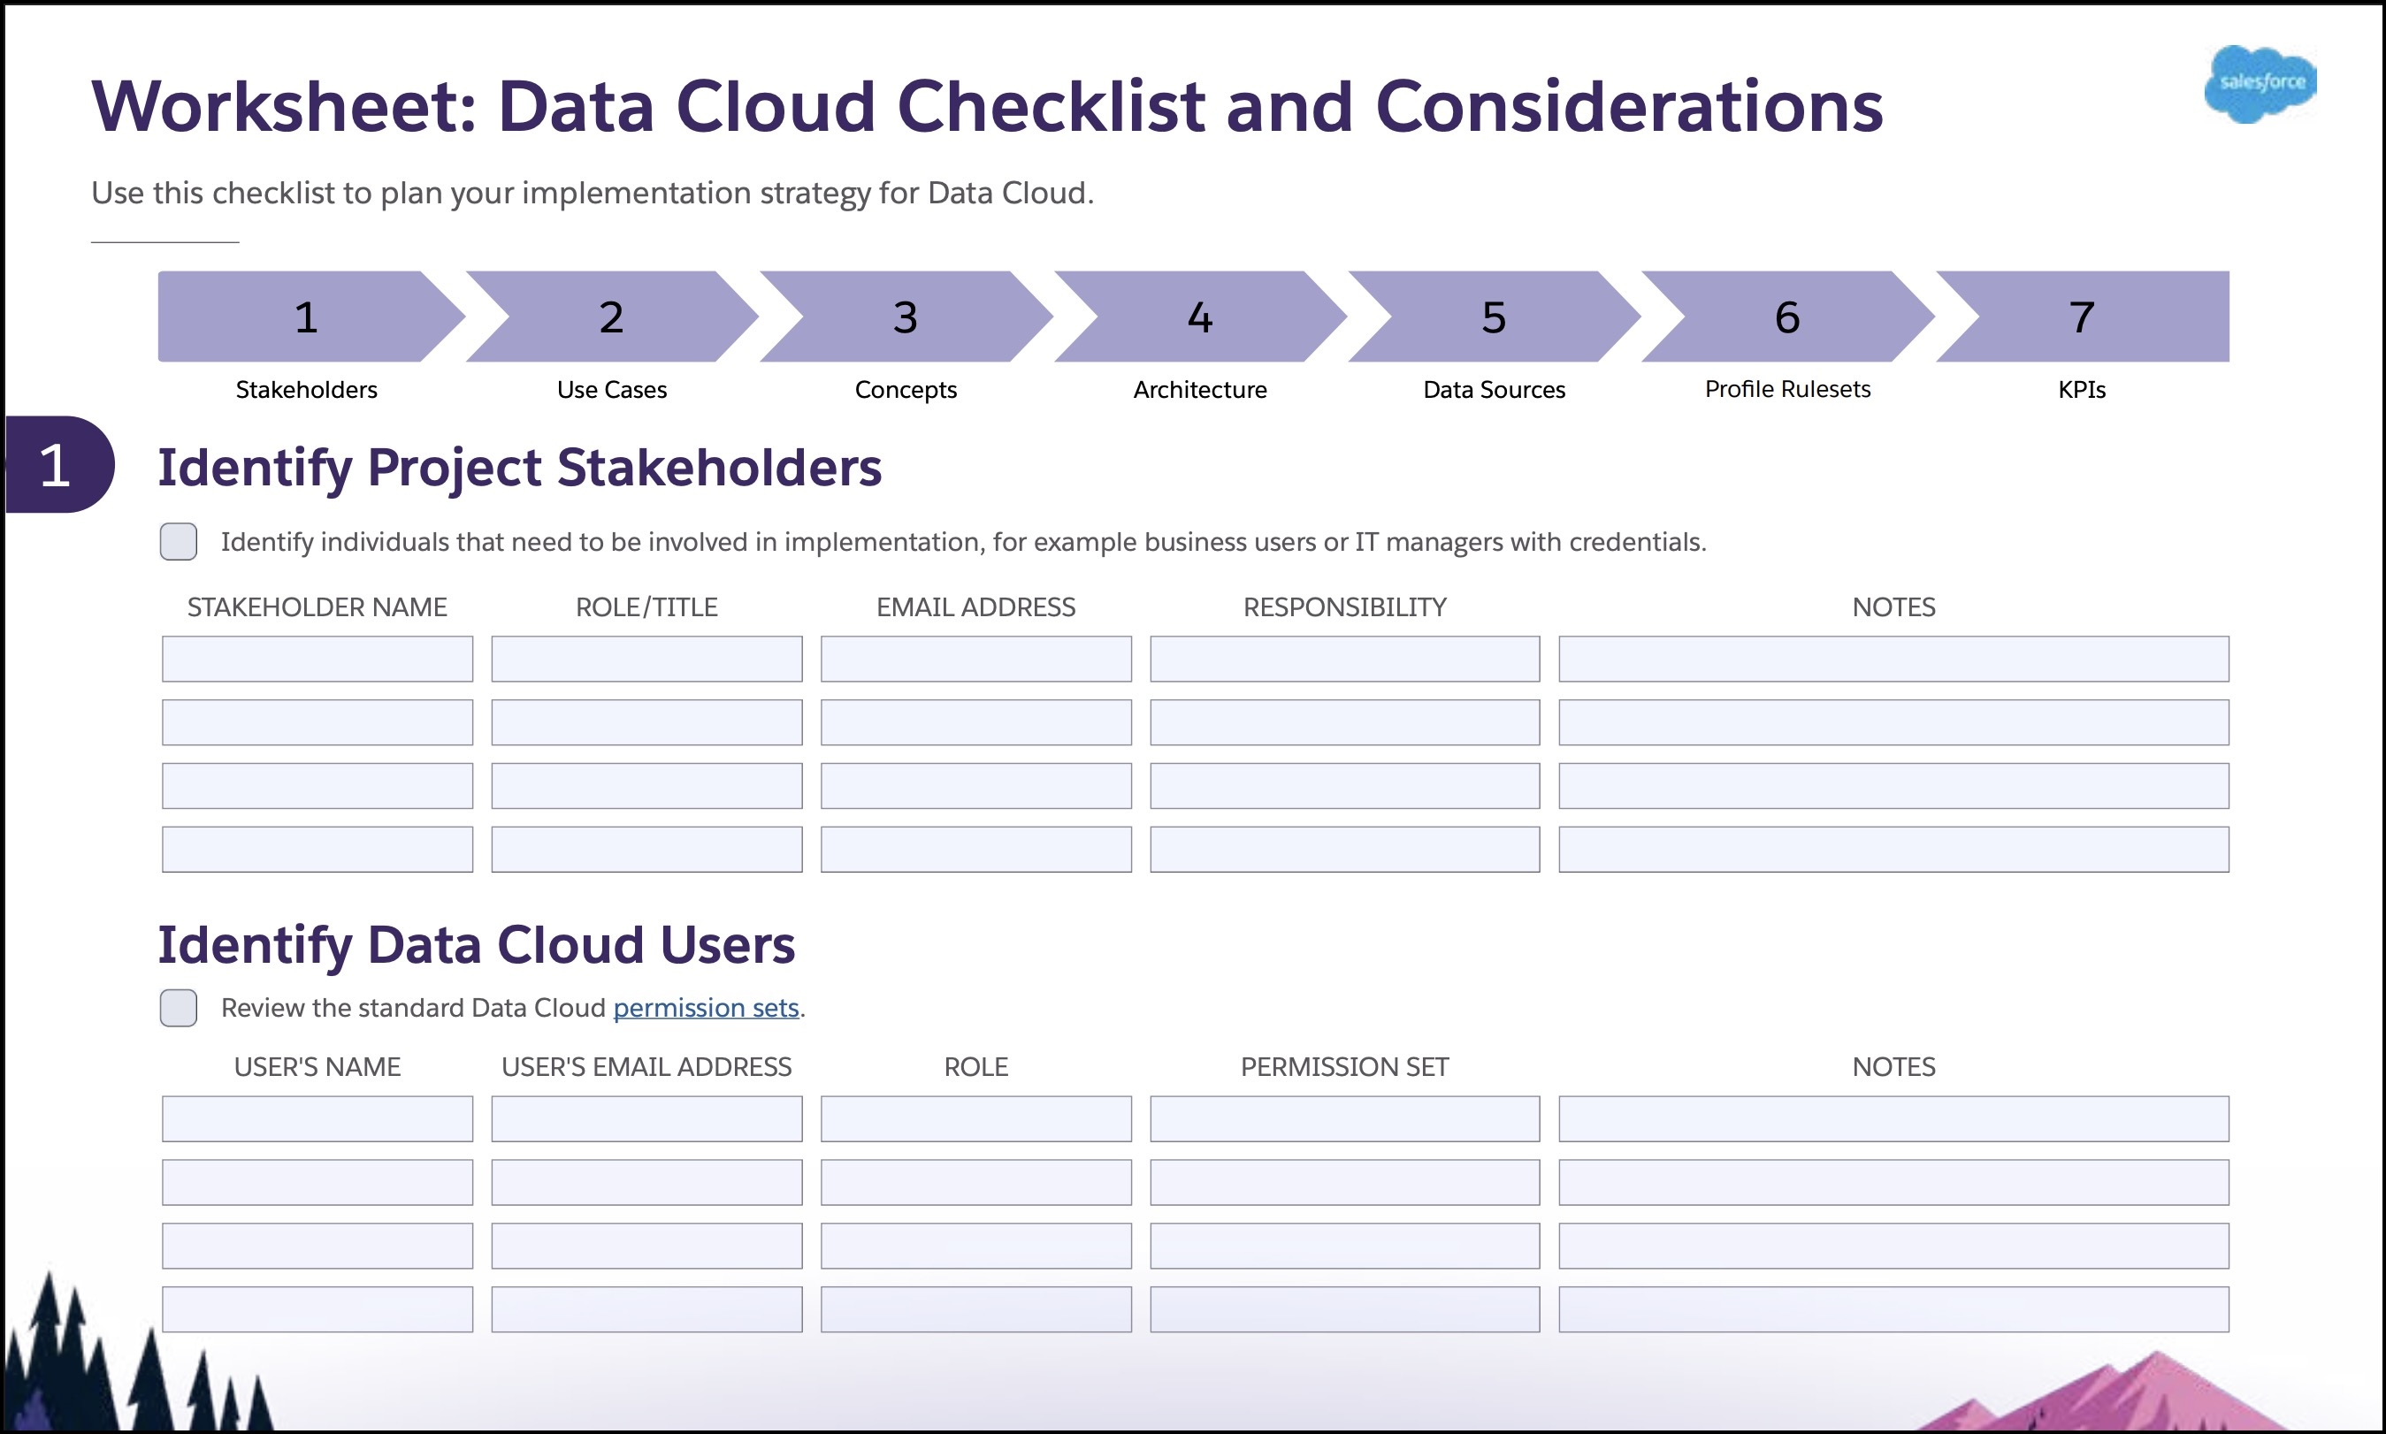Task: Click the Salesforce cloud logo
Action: [x=2260, y=83]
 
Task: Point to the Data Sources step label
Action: [x=1494, y=389]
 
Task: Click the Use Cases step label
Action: [x=612, y=389]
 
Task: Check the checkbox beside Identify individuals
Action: [x=179, y=541]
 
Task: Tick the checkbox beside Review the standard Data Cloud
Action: [x=179, y=1008]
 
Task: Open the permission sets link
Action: [x=707, y=1008]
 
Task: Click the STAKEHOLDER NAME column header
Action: [x=317, y=606]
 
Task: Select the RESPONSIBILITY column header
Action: [x=1344, y=606]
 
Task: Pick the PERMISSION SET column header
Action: [x=1344, y=1067]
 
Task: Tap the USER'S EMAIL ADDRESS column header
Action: [x=646, y=1067]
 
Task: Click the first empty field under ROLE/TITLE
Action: [x=646, y=659]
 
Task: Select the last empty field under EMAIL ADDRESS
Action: [x=976, y=850]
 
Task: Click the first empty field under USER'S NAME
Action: [x=317, y=1119]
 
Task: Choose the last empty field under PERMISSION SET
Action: [x=1344, y=1309]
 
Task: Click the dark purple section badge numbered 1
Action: [x=58, y=465]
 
